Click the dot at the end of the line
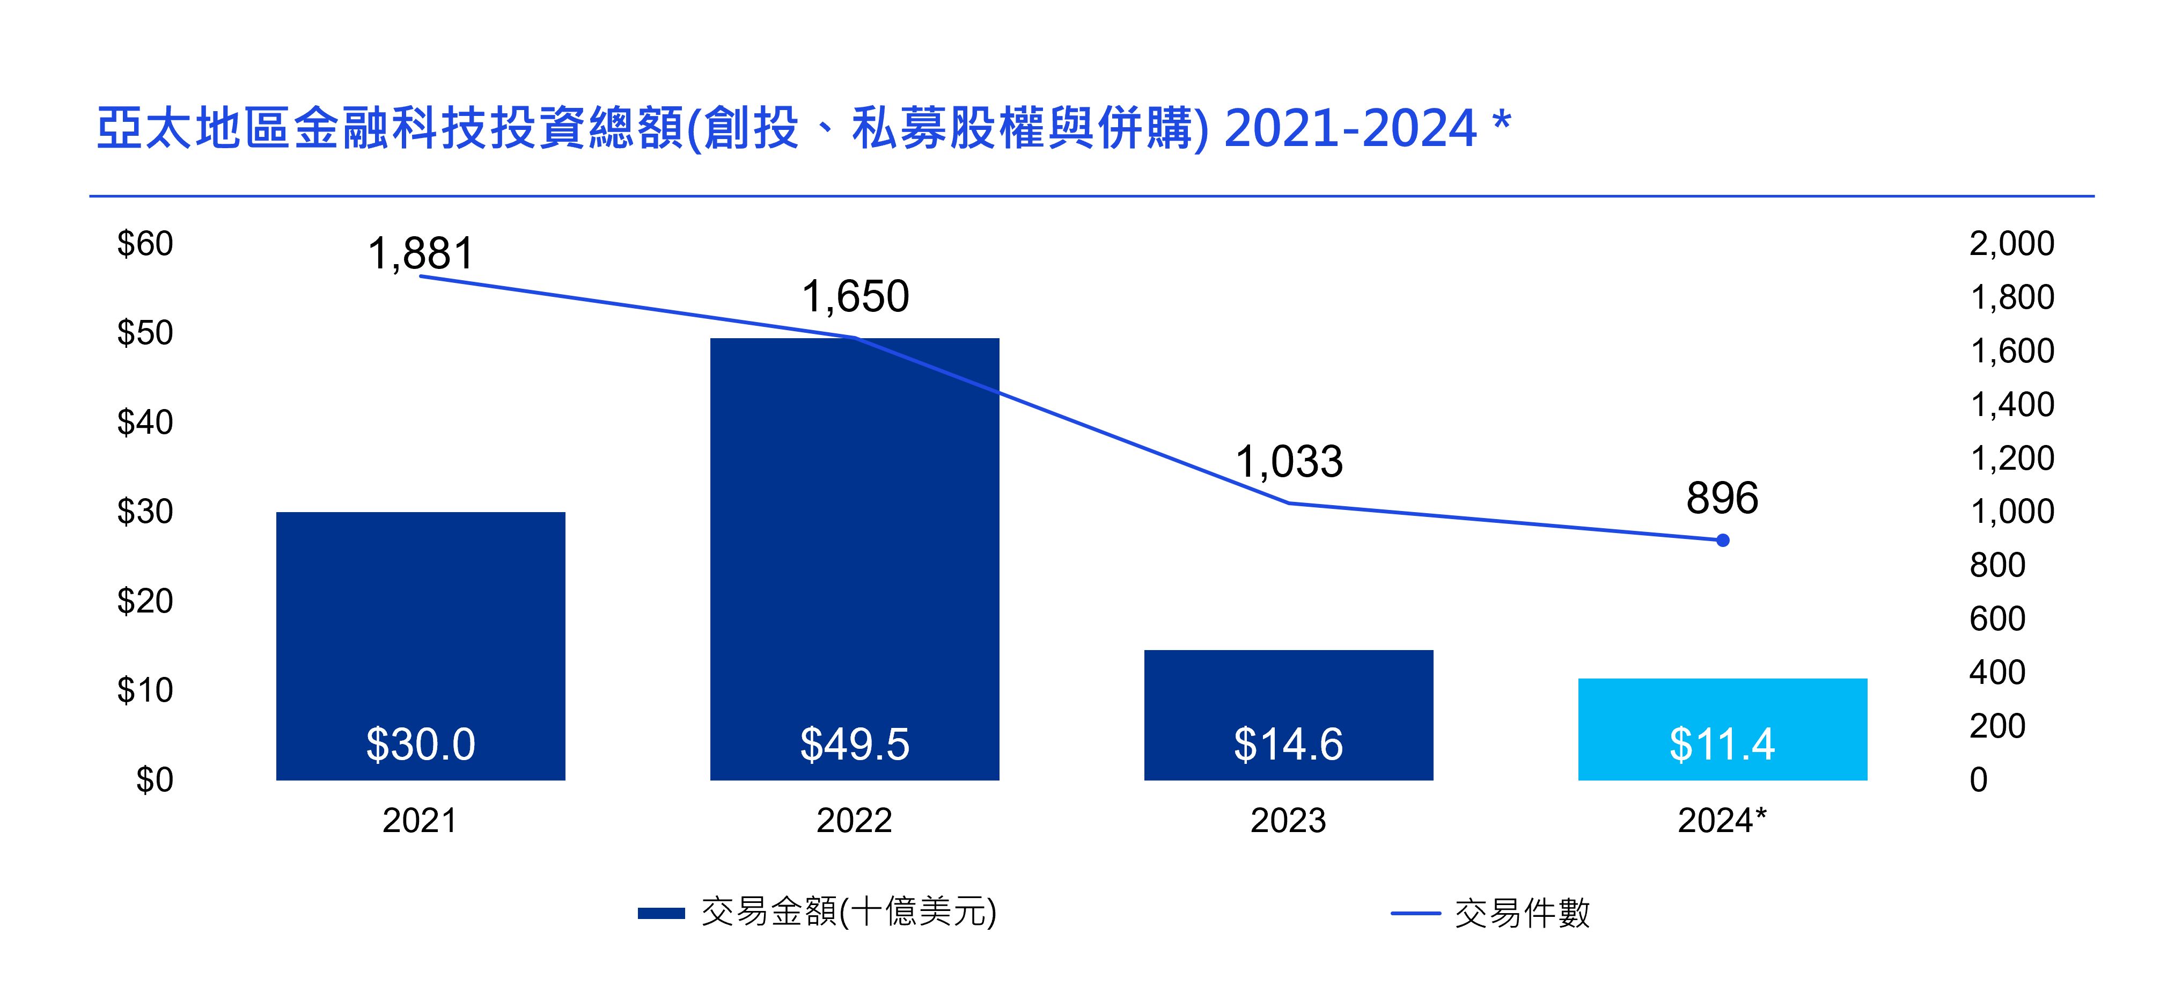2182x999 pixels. pyautogui.click(x=1722, y=539)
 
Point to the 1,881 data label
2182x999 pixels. pyautogui.click(x=421, y=253)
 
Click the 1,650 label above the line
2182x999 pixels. pyautogui.click(x=855, y=296)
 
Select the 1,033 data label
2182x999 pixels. pyautogui.click(x=1288, y=462)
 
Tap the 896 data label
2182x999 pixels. pyautogui.click(x=1722, y=498)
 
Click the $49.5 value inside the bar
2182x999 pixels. pyautogui.click(x=855, y=744)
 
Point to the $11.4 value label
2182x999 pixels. pyautogui.click(x=1722, y=744)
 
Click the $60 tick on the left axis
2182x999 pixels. pyautogui.click(x=145, y=244)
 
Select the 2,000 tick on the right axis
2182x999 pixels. pyautogui.click(x=2012, y=244)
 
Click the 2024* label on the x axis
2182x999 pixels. pyautogui.click(x=1722, y=820)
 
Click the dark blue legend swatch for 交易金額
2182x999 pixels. pyautogui.click(x=660, y=913)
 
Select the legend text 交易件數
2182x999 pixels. pyautogui.click(x=1522, y=913)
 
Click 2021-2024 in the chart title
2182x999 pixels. pyautogui.click(x=1350, y=129)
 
